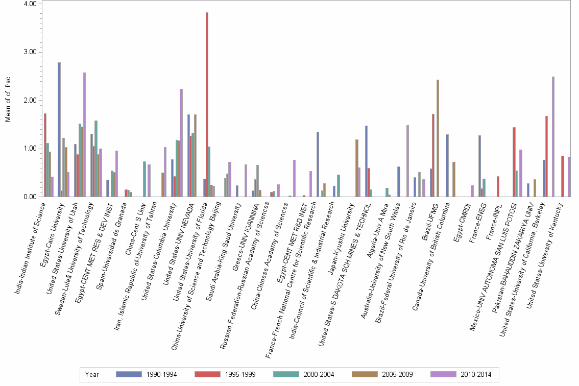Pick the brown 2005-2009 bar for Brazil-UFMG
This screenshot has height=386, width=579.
pyautogui.click(x=438, y=138)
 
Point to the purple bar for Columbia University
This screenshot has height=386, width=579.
pyautogui.click(x=181, y=142)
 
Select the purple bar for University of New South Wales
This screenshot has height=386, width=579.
pyautogui.click(x=407, y=161)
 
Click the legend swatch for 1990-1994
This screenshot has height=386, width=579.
pyautogui.click(x=130, y=375)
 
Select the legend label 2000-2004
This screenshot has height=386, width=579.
pyautogui.click(x=318, y=375)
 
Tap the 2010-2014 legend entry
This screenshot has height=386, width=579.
pyautogui.click(x=475, y=375)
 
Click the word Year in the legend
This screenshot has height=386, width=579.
pyautogui.click(x=92, y=375)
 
